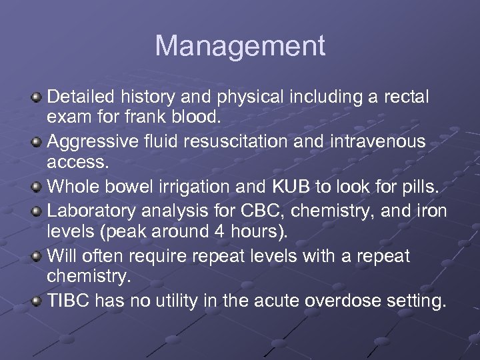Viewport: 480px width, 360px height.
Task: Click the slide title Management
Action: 240,47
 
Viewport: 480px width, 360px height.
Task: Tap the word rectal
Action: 407,97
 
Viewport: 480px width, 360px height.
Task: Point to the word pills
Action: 419,187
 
